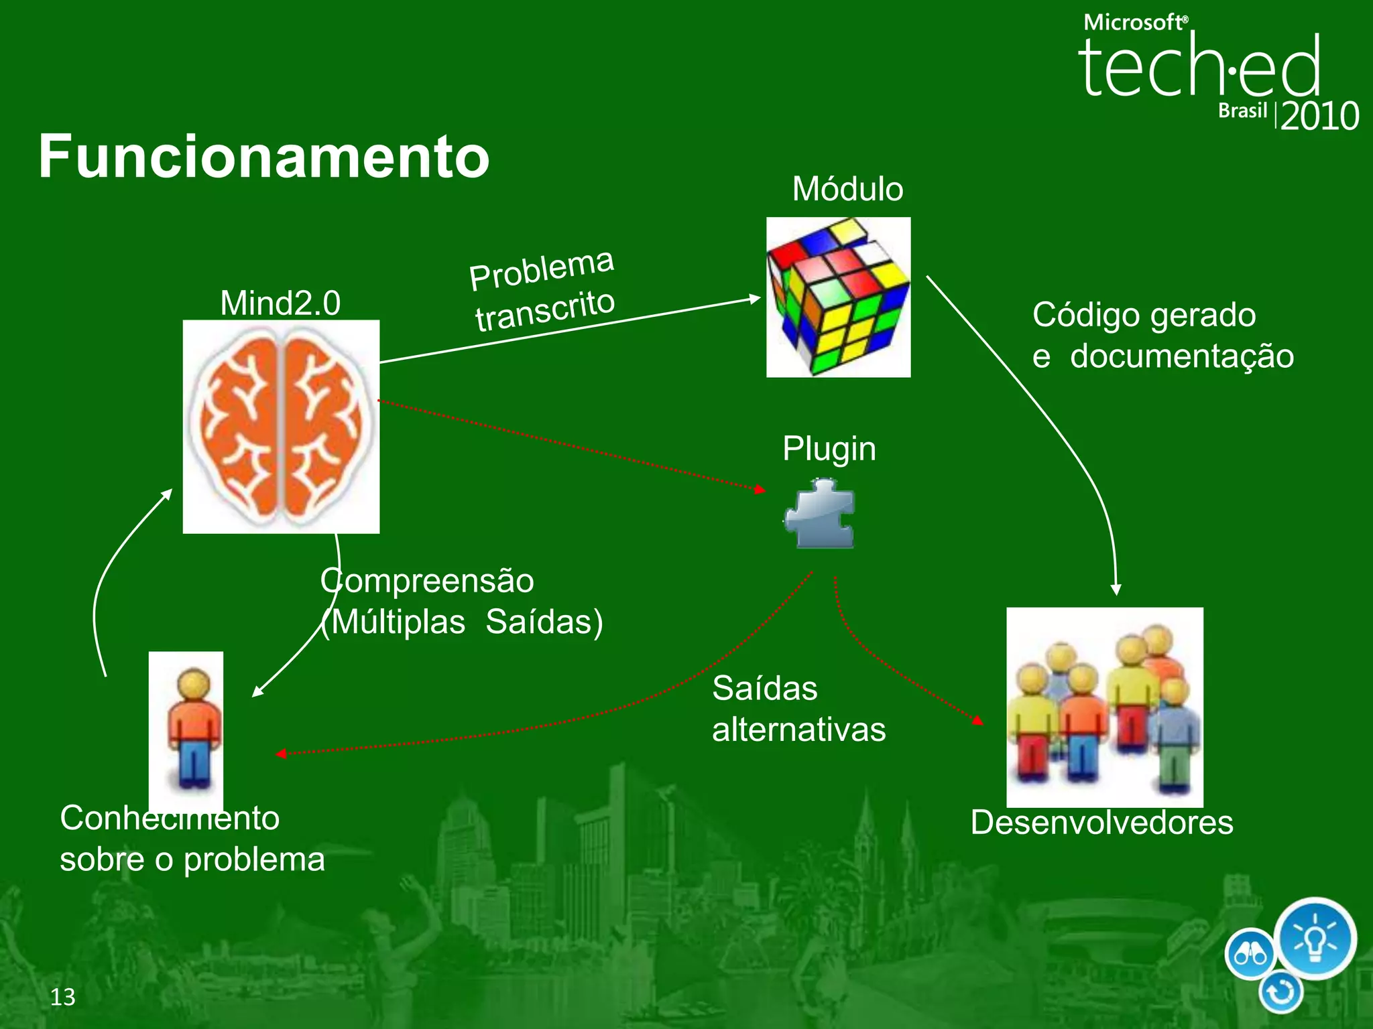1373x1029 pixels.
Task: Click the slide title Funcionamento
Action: pos(263,157)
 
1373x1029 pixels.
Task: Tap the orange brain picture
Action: pos(281,427)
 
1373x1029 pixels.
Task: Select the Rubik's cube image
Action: pos(838,297)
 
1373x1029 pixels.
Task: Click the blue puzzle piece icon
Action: pos(821,514)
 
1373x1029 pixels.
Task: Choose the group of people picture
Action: pos(1104,707)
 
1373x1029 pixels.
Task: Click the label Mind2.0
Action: pos(280,303)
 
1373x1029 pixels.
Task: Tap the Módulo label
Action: pos(847,190)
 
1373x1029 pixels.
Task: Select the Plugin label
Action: pos(829,449)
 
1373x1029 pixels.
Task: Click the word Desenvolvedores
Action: pos(1101,823)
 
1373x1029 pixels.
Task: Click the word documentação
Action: pos(1181,356)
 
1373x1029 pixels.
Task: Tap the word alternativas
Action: pos(798,730)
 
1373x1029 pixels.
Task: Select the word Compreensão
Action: pos(427,581)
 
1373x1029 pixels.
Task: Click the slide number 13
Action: pos(63,997)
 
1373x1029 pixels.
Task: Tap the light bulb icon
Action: pos(1315,939)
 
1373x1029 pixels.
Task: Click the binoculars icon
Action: pos(1250,954)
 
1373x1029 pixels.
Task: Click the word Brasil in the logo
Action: pos(1242,111)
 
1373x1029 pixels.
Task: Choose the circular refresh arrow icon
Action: pos(1280,992)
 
